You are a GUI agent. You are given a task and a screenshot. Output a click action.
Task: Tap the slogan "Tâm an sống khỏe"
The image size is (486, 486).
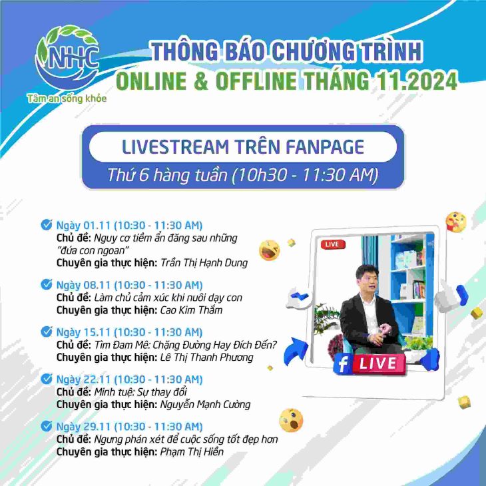click(x=67, y=99)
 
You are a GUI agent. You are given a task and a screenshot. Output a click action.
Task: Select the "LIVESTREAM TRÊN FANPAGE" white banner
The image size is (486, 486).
click(x=243, y=146)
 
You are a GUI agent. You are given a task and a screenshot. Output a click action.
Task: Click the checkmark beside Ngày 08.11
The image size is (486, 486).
click(x=47, y=284)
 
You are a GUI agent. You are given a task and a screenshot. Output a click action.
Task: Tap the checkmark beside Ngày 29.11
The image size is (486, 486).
click(x=47, y=425)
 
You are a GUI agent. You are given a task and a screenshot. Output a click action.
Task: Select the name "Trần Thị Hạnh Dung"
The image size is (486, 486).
click(x=204, y=263)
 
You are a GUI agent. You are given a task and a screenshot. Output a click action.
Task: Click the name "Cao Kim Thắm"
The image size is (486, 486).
click(x=191, y=310)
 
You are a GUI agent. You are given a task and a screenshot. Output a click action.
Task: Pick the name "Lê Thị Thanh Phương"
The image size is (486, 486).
click(x=207, y=358)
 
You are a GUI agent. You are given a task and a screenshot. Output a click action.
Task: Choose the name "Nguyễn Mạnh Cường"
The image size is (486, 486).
click(x=205, y=405)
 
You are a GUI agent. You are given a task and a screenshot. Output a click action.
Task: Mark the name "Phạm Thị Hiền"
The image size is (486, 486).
click(x=192, y=451)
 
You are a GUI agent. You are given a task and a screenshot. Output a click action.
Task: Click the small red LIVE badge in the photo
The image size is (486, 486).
click(x=333, y=244)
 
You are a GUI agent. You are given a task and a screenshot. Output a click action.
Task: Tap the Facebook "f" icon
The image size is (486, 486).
click(x=343, y=364)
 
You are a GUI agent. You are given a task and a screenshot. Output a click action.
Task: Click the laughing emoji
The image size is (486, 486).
click(x=269, y=250)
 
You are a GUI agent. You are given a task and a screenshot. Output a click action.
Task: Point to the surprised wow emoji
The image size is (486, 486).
click(x=291, y=420)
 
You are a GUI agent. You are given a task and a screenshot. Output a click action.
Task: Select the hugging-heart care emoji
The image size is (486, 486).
click(x=456, y=222)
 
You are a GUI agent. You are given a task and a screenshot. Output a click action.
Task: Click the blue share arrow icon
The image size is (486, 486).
click(x=296, y=351)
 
